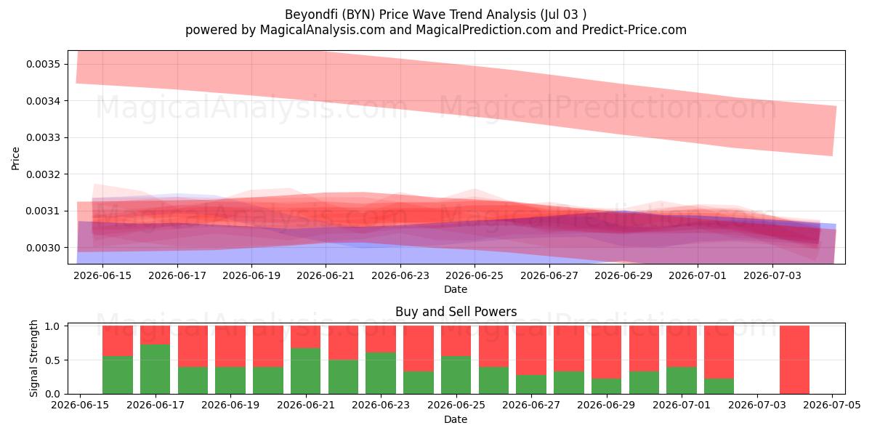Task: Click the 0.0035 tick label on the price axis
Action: pos(43,64)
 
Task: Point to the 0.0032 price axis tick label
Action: pos(43,174)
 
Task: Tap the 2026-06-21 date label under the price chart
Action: pos(326,275)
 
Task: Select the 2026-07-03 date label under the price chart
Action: pos(772,275)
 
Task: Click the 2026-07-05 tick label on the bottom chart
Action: pos(832,405)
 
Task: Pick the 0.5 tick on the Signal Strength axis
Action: pos(52,360)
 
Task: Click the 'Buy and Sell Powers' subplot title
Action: pos(456,312)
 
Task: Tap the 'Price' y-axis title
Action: pos(15,158)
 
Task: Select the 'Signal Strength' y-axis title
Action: pos(33,358)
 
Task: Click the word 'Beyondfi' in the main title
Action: pos(311,15)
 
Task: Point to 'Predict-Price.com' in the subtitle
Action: pos(634,30)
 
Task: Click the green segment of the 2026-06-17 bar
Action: pos(156,369)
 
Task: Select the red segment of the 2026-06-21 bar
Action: pos(306,336)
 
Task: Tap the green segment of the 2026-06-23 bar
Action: pos(381,374)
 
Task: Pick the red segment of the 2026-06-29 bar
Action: pos(607,352)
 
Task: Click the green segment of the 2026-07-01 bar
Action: pos(682,380)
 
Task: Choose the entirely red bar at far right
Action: pos(794,360)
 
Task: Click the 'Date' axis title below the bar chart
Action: pos(456,420)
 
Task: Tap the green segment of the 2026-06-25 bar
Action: pos(456,375)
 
